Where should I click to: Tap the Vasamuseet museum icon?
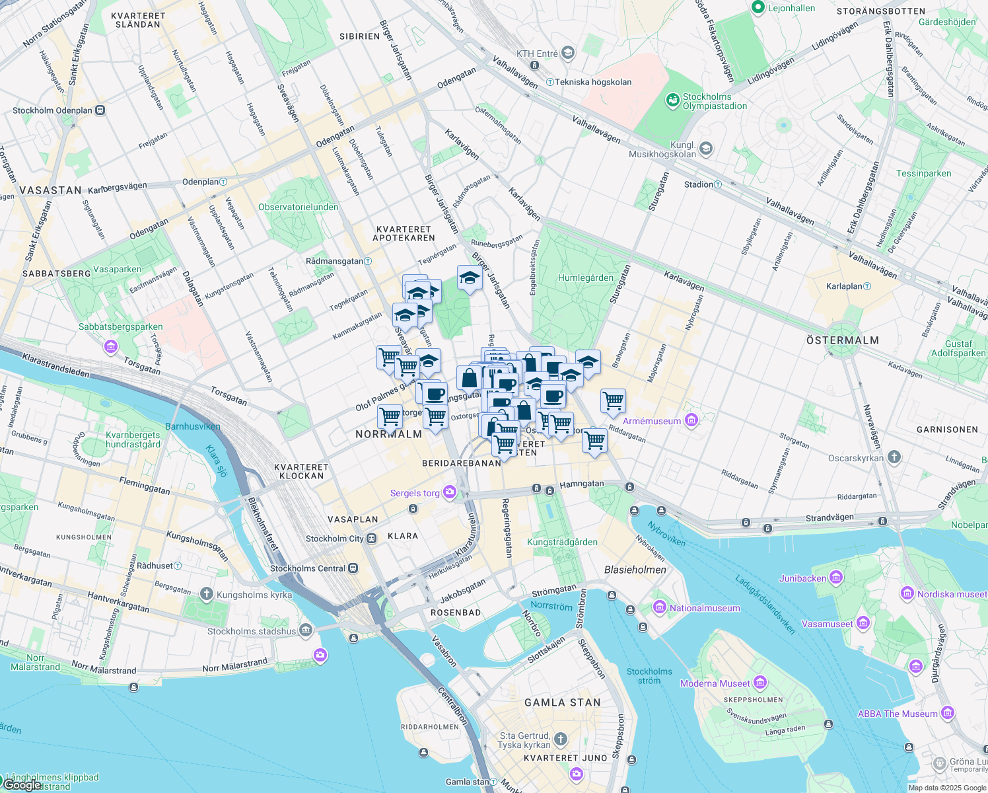(x=863, y=623)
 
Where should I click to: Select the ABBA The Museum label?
(x=898, y=714)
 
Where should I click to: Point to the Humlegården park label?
(x=586, y=278)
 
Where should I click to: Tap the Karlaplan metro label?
(x=845, y=286)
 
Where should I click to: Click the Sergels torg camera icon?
(x=450, y=492)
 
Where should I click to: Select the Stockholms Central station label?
(x=308, y=568)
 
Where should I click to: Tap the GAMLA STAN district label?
(x=563, y=702)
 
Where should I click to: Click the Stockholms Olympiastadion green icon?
(x=672, y=100)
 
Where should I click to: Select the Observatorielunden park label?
(x=299, y=207)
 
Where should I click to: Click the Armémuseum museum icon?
(x=691, y=420)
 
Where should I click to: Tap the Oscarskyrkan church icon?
(x=894, y=457)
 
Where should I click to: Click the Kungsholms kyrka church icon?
(x=207, y=594)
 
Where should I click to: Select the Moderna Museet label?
(x=715, y=683)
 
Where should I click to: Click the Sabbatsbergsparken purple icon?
(x=110, y=346)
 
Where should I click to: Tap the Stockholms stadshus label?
(x=252, y=631)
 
